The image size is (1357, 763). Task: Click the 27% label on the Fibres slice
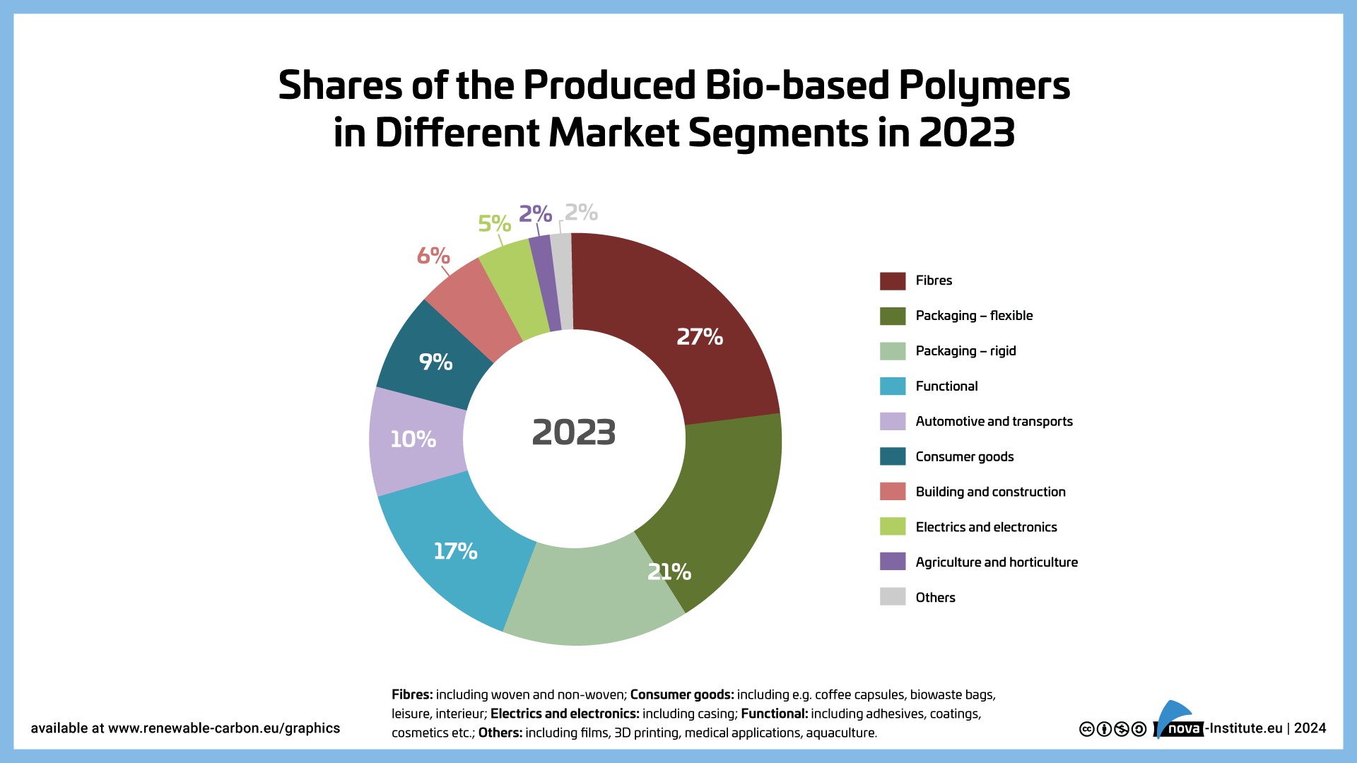tap(700, 337)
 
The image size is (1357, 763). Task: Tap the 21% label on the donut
tap(669, 572)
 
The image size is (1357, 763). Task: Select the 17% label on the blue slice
tap(455, 551)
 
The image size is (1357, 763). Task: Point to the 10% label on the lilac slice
tap(413, 439)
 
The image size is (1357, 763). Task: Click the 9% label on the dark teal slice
tap(435, 362)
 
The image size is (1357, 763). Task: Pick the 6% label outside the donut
tap(433, 255)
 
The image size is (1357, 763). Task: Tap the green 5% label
tap(494, 223)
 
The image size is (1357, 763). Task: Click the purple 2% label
tap(535, 213)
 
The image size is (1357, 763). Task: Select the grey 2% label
tap(581, 212)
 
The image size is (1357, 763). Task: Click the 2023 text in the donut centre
tap(574, 432)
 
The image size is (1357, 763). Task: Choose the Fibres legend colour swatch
tap(893, 280)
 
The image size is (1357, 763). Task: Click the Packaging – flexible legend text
tap(974, 316)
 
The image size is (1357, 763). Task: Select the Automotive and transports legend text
tap(994, 422)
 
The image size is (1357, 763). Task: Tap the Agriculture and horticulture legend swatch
tap(893, 562)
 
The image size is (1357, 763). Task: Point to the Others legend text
tap(935, 598)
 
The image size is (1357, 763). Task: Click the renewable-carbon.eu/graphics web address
tap(223, 728)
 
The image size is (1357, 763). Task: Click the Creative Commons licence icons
tap(1112, 729)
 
